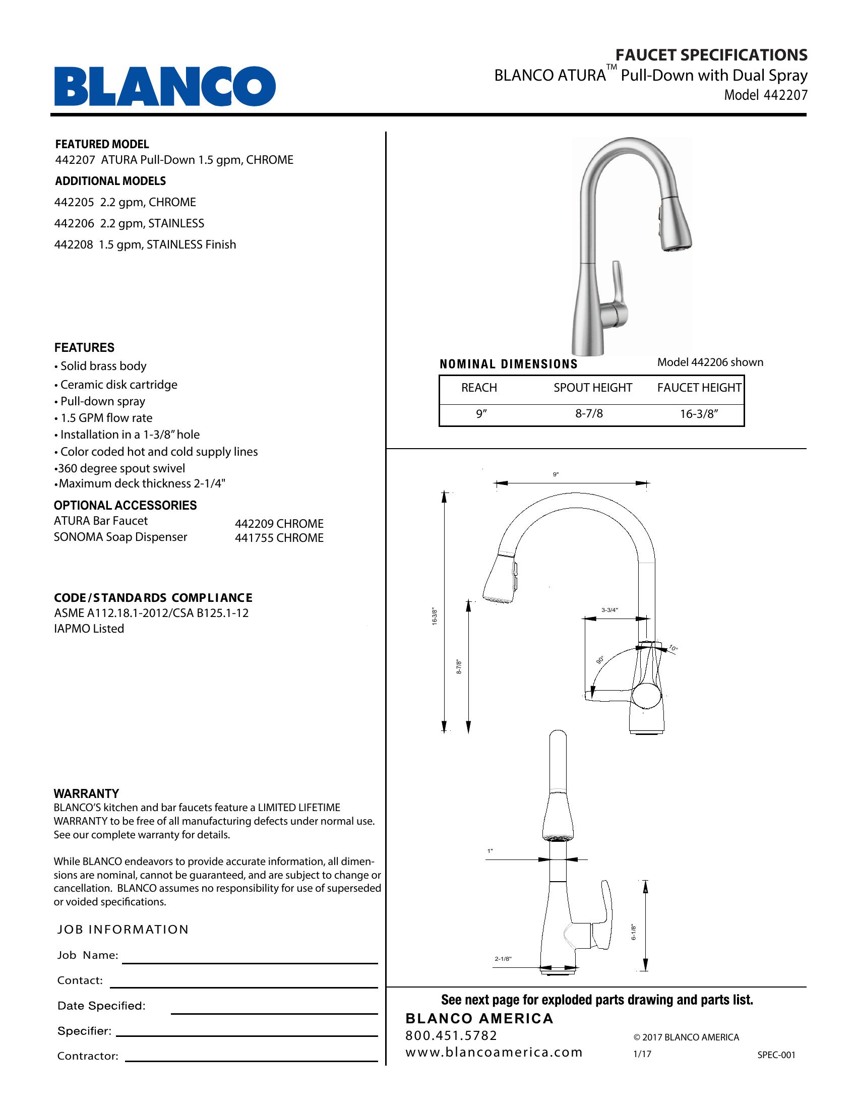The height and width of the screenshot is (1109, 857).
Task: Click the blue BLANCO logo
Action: coord(165,86)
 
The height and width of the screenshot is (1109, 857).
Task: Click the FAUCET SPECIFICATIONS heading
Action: coord(711,55)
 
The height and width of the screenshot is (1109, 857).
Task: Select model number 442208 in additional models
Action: coord(74,245)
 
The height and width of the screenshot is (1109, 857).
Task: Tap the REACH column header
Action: coord(479,388)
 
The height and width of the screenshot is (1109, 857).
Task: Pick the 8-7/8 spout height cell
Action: coord(589,414)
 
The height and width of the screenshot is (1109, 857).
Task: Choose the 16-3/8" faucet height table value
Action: coord(699,414)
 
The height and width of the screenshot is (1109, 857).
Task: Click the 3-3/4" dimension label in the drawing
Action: coord(609,610)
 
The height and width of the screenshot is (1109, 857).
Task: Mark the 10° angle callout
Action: coord(672,648)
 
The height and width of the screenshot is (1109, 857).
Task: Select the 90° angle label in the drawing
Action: coord(600,660)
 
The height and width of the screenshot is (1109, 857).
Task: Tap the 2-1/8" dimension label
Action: coord(503,959)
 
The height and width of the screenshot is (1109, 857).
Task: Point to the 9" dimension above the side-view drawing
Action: coord(556,474)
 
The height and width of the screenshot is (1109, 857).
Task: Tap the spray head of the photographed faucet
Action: coord(675,228)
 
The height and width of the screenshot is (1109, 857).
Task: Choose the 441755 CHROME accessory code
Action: coord(279,538)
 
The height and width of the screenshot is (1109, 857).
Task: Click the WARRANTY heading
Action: coord(86,793)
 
